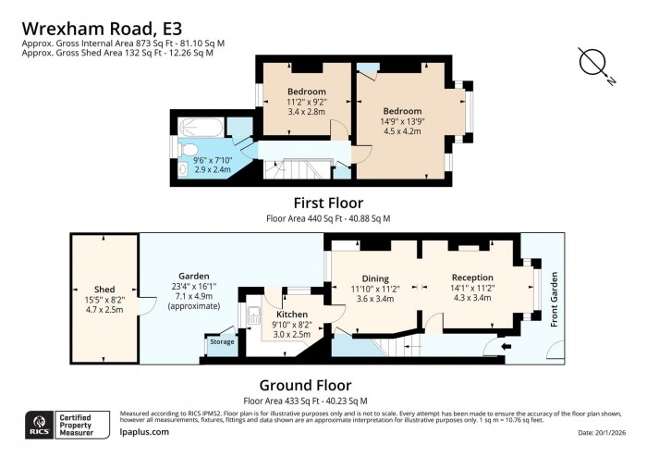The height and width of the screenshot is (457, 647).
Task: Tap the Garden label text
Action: (x=194, y=276)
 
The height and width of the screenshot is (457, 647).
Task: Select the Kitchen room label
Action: (x=278, y=315)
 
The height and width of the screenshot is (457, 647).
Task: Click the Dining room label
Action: (x=374, y=278)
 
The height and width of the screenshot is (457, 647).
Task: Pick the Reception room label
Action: (x=472, y=278)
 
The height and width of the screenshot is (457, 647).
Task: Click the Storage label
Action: (x=222, y=341)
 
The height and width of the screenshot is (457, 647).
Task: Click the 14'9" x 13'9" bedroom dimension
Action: (x=402, y=119)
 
